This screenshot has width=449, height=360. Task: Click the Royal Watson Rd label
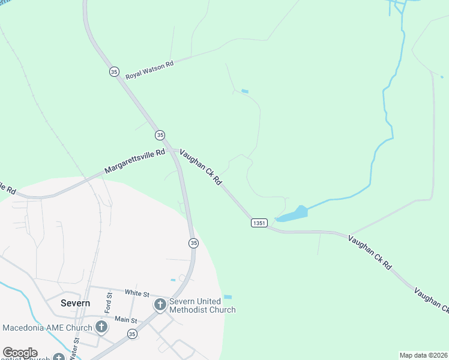point(149,70)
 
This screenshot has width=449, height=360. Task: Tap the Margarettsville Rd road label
point(134,162)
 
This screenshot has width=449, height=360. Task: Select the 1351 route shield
point(259,223)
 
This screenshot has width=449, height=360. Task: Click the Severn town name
point(76,303)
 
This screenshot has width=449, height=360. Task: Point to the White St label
point(137,293)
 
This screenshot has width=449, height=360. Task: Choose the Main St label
point(126,320)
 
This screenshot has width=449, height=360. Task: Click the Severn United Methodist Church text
point(202,305)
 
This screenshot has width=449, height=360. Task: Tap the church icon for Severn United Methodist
point(160,305)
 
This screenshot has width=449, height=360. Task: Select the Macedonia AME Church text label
point(47,328)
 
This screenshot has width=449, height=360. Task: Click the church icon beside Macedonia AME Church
point(101,328)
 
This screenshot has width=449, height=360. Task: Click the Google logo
point(20,353)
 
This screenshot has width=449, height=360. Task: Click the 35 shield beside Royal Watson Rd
point(114,71)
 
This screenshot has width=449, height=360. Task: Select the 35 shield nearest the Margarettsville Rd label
point(160,134)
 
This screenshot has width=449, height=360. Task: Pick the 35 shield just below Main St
point(132,334)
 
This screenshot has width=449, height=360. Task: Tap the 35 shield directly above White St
point(193,243)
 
